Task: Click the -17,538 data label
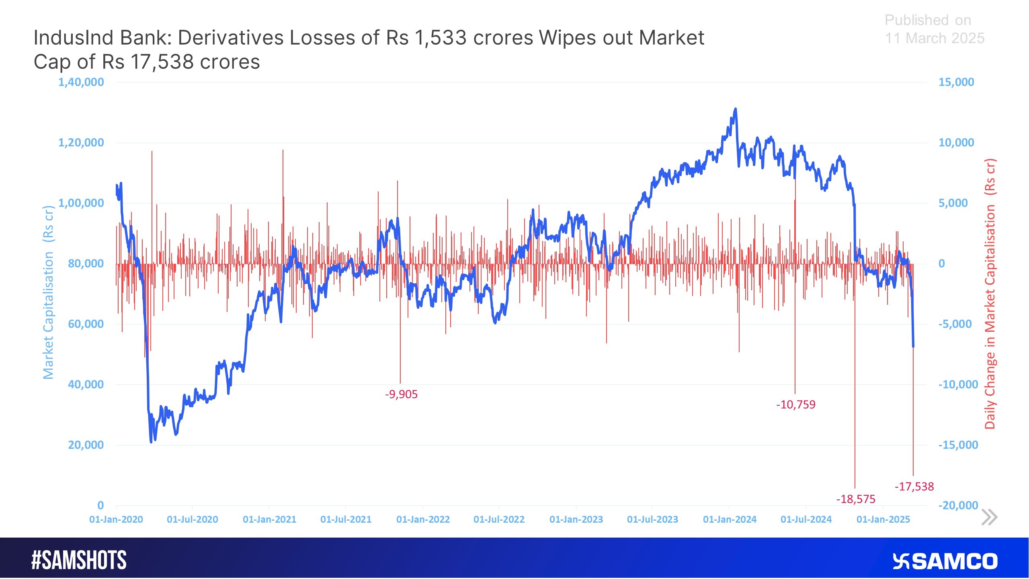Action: [x=914, y=487]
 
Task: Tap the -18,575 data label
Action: [x=856, y=499]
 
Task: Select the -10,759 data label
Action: [x=795, y=404]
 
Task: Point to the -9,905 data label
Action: [x=401, y=394]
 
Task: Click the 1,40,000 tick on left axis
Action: [x=81, y=82]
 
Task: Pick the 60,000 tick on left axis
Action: [x=86, y=324]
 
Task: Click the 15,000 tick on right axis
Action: [x=956, y=82]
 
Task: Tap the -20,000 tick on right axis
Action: [x=958, y=505]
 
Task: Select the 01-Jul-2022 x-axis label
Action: [x=499, y=519]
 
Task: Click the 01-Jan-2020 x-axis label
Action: [x=116, y=519]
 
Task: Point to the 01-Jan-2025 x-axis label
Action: [x=883, y=519]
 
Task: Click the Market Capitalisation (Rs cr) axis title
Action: [x=48, y=292]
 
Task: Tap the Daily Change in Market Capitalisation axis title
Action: [x=990, y=294]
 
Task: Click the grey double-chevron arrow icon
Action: [x=989, y=517]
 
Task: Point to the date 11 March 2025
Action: [x=935, y=38]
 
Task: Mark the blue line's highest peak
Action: [x=736, y=109]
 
